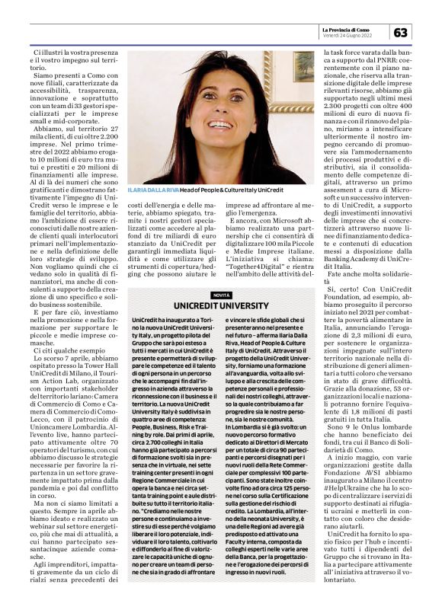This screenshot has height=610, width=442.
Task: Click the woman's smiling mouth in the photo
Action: pos(216,123)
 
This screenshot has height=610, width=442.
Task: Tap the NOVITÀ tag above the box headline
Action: pos(222,295)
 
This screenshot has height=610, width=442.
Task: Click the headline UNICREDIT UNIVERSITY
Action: pos(222,305)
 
